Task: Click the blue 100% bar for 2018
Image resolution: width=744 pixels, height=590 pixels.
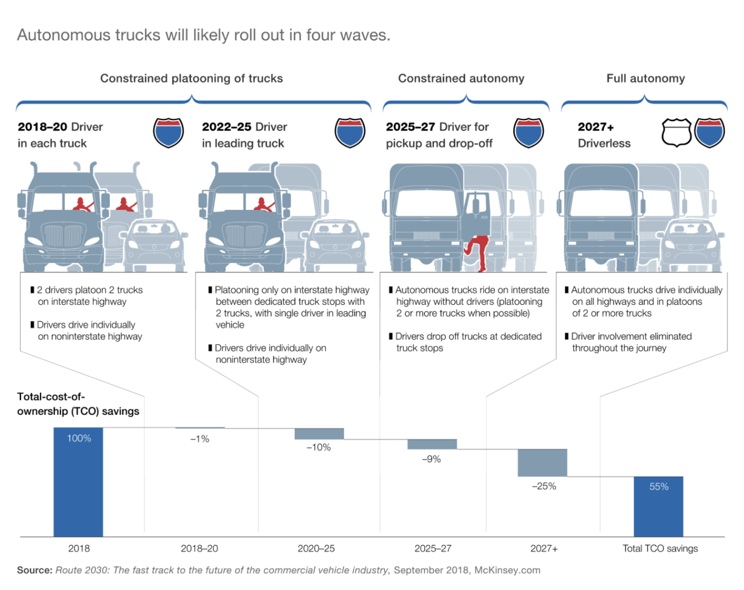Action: point(78,482)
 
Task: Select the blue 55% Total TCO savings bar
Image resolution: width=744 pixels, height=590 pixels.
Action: point(658,506)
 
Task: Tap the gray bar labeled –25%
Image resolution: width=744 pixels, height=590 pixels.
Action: point(542,463)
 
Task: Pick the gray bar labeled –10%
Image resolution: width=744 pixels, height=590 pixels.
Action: point(319,434)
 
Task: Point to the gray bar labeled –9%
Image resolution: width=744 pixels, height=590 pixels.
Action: point(432,444)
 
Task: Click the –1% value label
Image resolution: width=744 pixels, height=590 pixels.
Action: point(200,439)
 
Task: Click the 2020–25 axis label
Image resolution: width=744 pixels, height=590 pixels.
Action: point(317,548)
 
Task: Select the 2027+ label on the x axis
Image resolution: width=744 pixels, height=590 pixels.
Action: point(544,548)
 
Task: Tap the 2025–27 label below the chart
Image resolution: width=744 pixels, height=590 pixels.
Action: point(433,548)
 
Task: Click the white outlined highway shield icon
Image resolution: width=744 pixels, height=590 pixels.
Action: point(676,133)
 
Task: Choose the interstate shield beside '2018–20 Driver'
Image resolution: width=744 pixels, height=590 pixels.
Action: point(168,133)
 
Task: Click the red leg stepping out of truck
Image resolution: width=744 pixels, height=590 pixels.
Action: point(478,252)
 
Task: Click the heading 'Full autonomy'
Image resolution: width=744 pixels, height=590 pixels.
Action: point(645,79)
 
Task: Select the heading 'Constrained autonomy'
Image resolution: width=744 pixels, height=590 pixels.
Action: point(461,79)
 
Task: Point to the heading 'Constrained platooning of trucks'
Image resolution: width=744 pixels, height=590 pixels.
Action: point(192,79)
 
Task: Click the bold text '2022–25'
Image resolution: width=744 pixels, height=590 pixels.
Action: point(227,127)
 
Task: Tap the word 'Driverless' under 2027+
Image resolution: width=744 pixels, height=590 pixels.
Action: point(604,143)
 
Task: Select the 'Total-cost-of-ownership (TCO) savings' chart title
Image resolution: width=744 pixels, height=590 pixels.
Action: point(78,404)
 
